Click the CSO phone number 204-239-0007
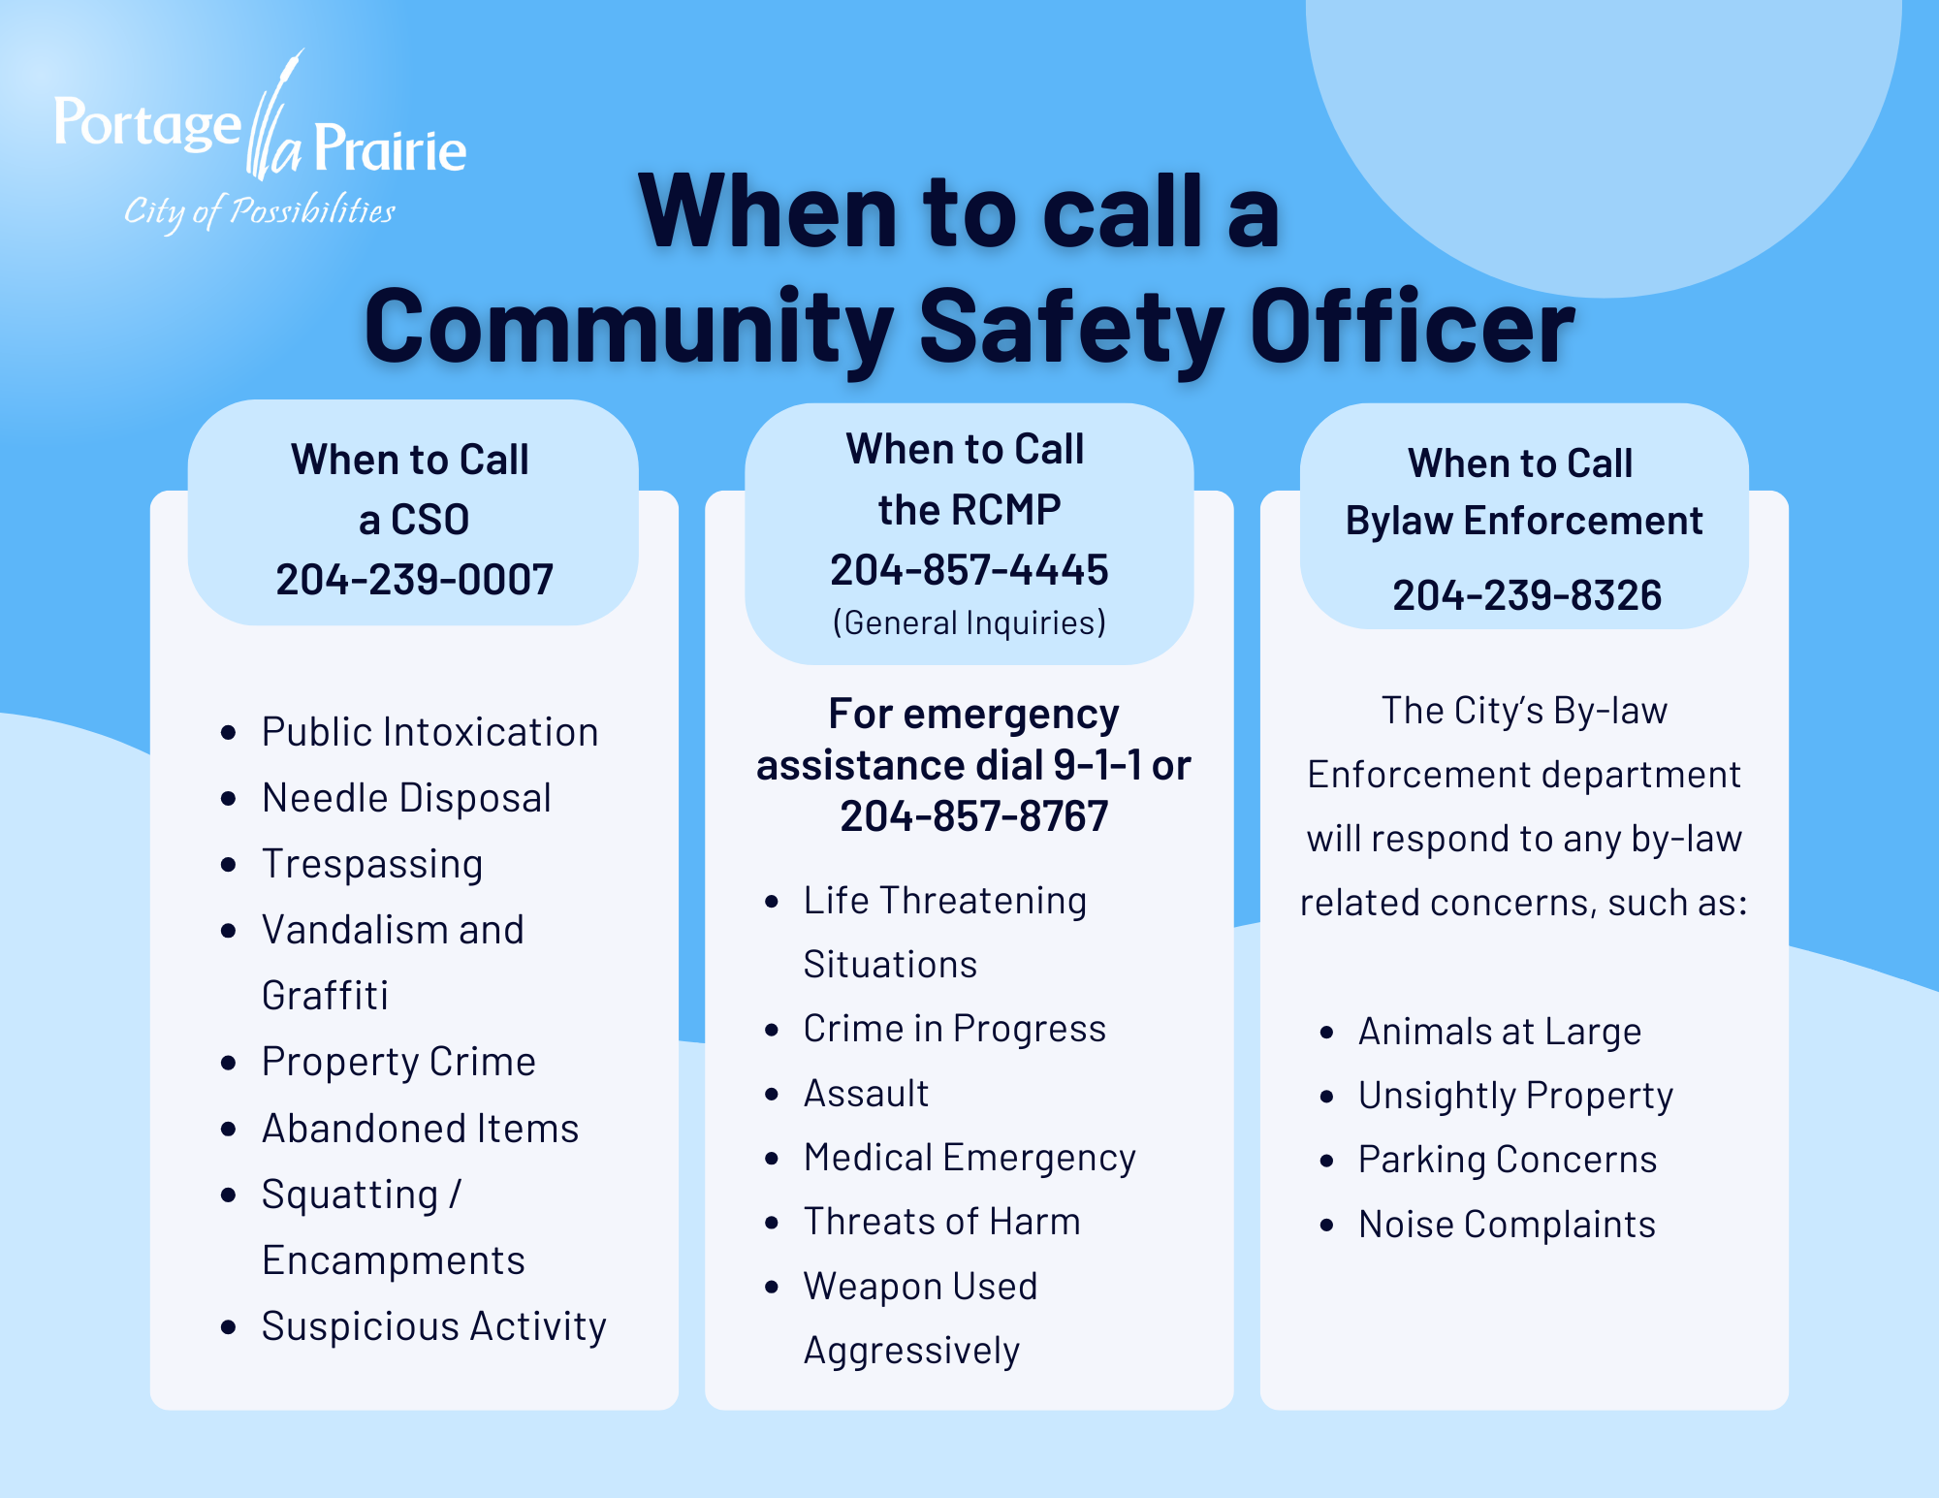(x=414, y=580)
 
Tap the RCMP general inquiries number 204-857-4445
(x=969, y=570)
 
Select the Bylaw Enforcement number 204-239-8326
(x=1527, y=595)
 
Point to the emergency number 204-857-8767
(x=973, y=816)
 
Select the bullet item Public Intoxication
(x=429, y=732)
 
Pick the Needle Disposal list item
(x=406, y=798)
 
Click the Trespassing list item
(x=372, y=864)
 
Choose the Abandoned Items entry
(x=420, y=1129)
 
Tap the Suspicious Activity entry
(x=433, y=1326)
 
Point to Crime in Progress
(x=954, y=1029)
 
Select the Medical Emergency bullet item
(x=969, y=1158)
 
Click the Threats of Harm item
(x=941, y=1222)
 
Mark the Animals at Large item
(x=1500, y=1032)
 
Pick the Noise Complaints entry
(x=1507, y=1225)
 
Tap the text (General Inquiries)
(x=969, y=622)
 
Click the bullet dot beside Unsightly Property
(x=1327, y=1097)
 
